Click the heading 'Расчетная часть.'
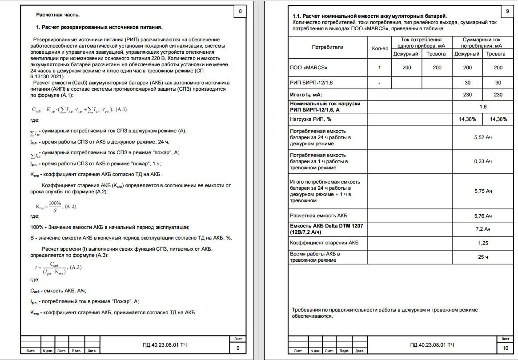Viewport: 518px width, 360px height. click(x=58, y=15)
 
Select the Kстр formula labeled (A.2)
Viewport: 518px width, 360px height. click(x=49, y=206)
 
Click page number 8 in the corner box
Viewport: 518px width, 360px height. click(x=241, y=11)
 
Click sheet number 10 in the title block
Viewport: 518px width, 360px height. click(x=505, y=348)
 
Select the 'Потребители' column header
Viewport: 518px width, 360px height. click(x=327, y=47)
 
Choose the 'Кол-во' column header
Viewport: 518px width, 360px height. click(x=380, y=48)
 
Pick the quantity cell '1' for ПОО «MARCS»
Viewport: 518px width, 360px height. click(x=379, y=68)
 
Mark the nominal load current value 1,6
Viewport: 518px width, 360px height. click(x=483, y=107)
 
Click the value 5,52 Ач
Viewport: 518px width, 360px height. click(x=483, y=138)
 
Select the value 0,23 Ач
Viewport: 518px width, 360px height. click(x=483, y=161)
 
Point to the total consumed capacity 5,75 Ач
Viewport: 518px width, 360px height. click(x=483, y=191)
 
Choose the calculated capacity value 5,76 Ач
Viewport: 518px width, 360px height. click(x=483, y=216)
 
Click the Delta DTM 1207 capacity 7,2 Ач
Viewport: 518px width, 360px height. click(x=483, y=229)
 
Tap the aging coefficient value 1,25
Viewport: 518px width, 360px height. click(x=483, y=243)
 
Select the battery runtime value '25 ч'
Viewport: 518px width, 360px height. click(x=483, y=257)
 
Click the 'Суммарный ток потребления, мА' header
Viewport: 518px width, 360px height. click(x=482, y=42)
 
